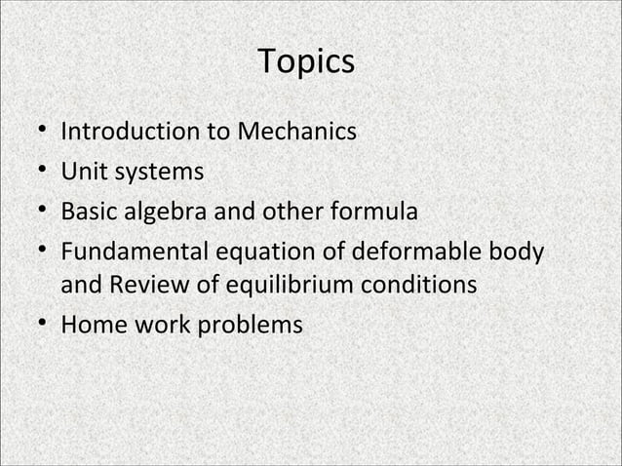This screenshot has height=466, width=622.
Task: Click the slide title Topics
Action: pos(306,62)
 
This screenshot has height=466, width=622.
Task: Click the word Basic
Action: pos(88,211)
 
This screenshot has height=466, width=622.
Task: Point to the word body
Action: pos(516,252)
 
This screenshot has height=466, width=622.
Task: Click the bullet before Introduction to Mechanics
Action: pos(37,132)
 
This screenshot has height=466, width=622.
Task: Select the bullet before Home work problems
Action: pos(37,325)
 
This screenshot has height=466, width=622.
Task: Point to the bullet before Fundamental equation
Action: pos(37,252)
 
